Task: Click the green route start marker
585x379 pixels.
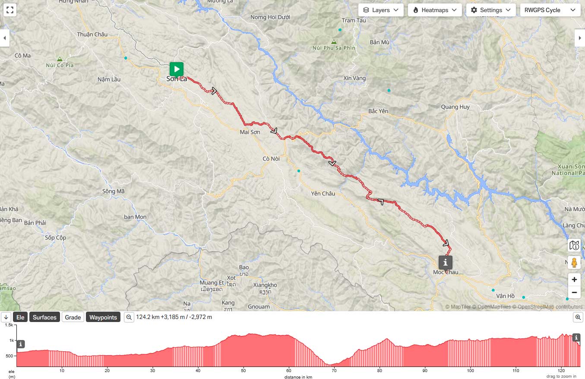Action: (176, 69)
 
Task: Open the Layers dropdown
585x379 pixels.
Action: (381, 10)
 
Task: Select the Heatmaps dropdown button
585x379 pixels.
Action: (435, 10)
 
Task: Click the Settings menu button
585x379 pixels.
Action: (491, 10)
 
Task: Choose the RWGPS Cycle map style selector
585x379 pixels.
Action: (550, 10)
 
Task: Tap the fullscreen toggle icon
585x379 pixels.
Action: (10, 10)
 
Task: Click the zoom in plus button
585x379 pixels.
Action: (574, 279)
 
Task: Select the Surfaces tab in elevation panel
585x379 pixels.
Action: (44, 317)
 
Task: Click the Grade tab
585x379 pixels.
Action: (73, 317)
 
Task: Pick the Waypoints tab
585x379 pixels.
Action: (103, 317)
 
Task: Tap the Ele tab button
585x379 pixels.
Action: (20, 317)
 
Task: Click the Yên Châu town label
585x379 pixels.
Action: (323, 193)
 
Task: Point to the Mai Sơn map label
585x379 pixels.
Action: (250, 132)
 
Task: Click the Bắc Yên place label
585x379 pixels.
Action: (378, 111)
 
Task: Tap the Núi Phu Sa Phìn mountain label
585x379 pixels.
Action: (334, 48)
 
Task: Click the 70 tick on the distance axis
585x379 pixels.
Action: (334, 370)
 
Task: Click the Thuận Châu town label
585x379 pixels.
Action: (92, 34)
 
